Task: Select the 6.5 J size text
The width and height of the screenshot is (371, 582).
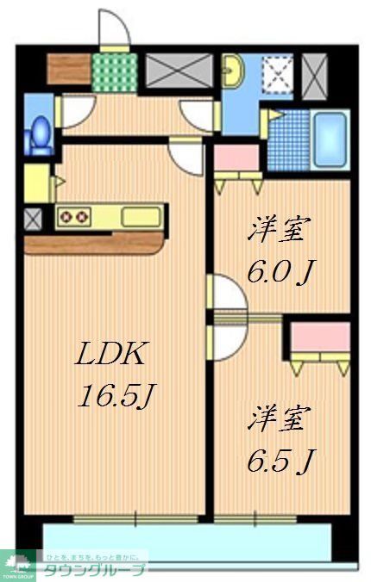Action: [x=278, y=462]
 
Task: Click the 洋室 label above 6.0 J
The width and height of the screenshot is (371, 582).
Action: [x=280, y=230]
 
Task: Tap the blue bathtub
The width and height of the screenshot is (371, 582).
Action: [x=330, y=141]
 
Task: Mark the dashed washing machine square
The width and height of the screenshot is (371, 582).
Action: [x=278, y=74]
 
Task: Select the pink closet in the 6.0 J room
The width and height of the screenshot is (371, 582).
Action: [x=236, y=158]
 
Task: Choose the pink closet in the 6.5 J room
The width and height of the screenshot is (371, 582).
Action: [x=320, y=337]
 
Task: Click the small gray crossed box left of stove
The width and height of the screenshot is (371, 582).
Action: [x=33, y=219]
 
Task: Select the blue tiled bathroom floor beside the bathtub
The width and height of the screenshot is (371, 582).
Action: [x=289, y=141]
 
